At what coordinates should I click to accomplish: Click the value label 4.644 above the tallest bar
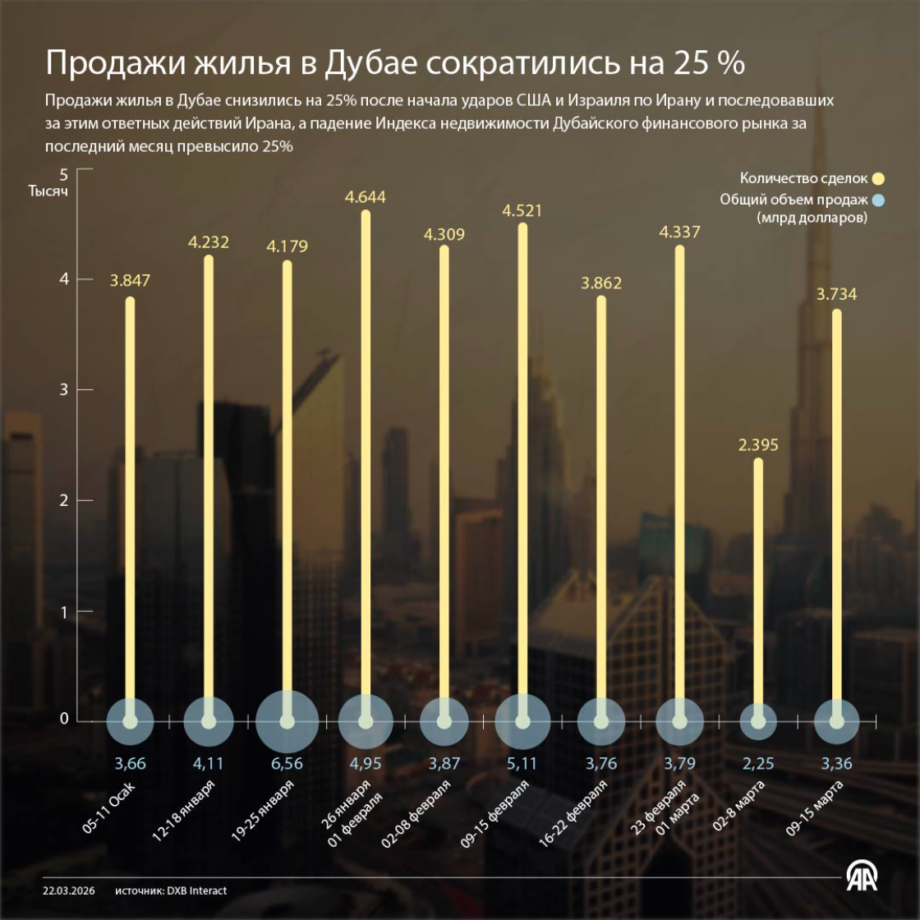pyautogui.click(x=366, y=197)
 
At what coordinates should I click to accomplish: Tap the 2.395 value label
pyautogui.click(x=758, y=445)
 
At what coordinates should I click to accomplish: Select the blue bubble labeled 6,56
pyautogui.click(x=287, y=722)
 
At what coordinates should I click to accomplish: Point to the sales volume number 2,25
pyautogui.click(x=758, y=763)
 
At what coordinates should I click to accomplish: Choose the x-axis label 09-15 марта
pyautogui.click(x=815, y=808)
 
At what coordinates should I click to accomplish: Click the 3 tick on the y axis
pyautogui.click(x=64, y=389)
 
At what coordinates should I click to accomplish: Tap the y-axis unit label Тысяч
pyautogui.click(x=48, y=191)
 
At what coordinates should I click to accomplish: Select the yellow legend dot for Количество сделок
pyautogui.click(x=878, y=178)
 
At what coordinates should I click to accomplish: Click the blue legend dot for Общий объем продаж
pyautogui.click(x=878, y=200)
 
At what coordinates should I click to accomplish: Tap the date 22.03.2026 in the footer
pyautogui.click(x=69, y=890)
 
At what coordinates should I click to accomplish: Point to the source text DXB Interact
pyautogui.click(x=197, y=890)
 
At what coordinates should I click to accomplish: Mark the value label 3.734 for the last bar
pyautogui.click(x=836, y=294)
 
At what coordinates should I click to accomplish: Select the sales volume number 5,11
pyautogui.click(x=522, y=763)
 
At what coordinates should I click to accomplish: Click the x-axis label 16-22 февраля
pyautogui.click(x=573, y=813)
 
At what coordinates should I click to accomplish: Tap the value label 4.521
pyautogui.click(x=522, y=210)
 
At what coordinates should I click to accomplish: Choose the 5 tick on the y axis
pyautogui.click(x=64, y=174)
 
